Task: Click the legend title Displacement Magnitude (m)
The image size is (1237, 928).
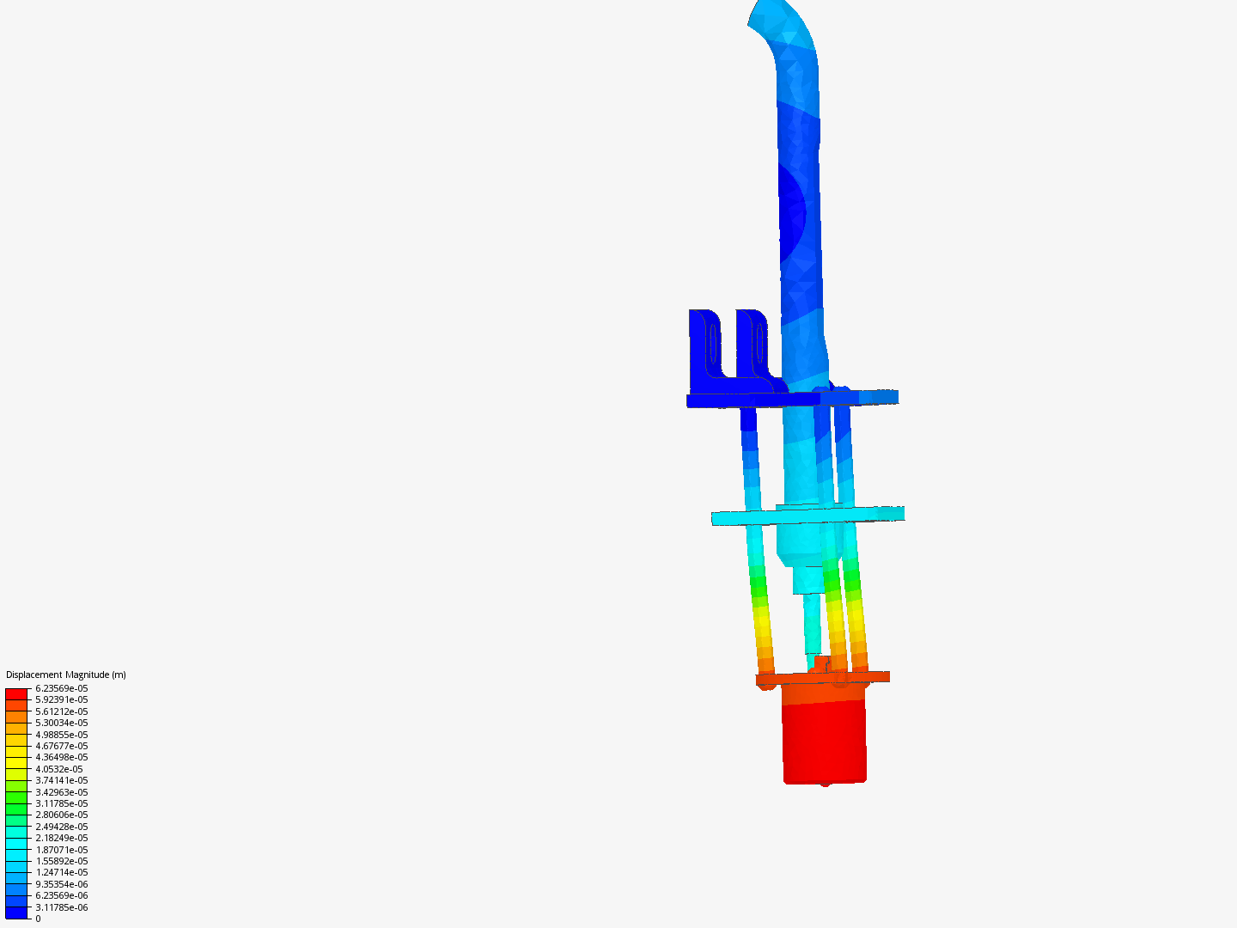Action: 65,675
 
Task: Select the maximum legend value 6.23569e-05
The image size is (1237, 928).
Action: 61,688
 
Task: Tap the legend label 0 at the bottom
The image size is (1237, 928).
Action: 38,919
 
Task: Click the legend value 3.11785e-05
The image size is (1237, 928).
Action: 61,803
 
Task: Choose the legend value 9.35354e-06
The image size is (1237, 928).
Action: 61,884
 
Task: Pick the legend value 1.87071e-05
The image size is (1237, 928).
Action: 61,850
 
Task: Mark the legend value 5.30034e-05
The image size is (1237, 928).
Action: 61,723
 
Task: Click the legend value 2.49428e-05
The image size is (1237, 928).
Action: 61,827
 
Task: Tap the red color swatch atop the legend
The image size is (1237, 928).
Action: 16,693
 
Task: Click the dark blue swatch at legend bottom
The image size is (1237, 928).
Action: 16,913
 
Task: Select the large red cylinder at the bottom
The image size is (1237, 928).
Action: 824,742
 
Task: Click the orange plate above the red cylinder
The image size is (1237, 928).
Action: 822,678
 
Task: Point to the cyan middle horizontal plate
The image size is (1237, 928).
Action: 807,516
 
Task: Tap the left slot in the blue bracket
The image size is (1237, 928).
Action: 713,343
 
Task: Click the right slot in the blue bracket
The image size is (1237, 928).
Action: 760,343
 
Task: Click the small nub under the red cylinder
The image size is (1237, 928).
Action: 826,785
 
